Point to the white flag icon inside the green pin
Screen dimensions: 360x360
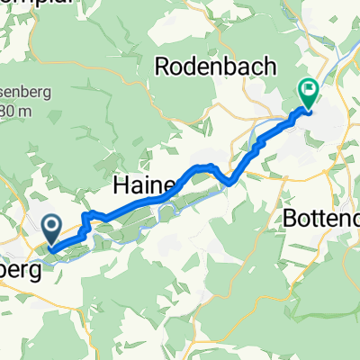(308, 89)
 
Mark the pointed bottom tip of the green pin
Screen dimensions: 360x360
(308, 109)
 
